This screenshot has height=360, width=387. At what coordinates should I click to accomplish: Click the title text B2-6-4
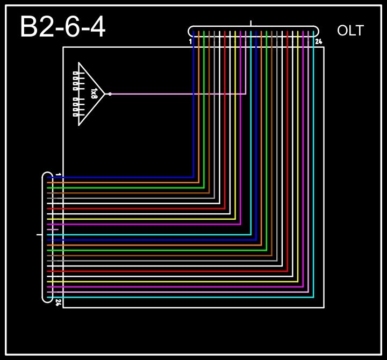[x=62, y=27]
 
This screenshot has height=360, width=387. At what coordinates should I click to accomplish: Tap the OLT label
[x=350, y=31]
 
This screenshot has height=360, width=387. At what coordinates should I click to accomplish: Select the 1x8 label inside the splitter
[x=94, y=93]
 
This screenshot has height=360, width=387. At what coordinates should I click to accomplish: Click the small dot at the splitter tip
[x=110, y=94]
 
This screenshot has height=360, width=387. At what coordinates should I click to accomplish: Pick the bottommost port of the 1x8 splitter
[x=75, y=114]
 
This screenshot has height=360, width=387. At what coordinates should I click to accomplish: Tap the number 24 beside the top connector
[x=318, y=41]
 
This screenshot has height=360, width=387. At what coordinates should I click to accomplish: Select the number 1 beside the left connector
[x=58, y=175]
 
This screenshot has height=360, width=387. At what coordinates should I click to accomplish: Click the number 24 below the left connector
[x=58, y=303]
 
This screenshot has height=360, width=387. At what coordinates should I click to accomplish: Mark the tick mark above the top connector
[x=251, y=23]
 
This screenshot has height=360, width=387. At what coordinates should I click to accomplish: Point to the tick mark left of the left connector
[x=39, y=235]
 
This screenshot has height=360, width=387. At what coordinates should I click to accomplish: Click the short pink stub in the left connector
[x=53, y=229]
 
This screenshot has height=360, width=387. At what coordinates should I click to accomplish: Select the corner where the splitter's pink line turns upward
[x=246, y=94]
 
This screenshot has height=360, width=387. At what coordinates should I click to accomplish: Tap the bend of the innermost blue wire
[x=193, y=177]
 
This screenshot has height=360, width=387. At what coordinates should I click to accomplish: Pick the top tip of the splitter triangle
[x=79, y=63]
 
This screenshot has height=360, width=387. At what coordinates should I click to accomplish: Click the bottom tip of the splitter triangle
[x=79, y=125]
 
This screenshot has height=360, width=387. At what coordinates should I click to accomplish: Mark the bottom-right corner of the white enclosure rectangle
[x=324, y=307]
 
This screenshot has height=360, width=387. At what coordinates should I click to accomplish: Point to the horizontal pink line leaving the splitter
[x=177, y=94]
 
